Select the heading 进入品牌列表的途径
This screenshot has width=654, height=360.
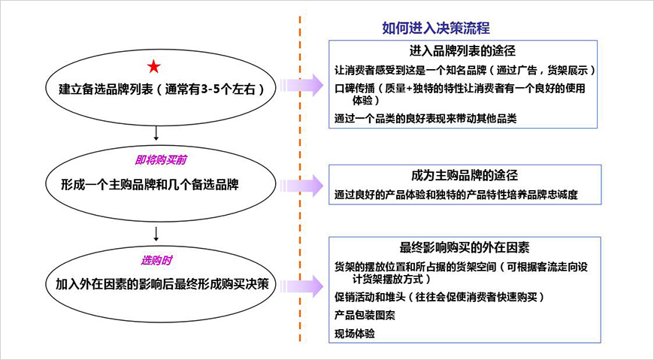coord(462,52)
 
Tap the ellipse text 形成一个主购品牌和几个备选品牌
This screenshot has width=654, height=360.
coord(154,183)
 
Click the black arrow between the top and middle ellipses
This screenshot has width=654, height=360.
coord(154,133)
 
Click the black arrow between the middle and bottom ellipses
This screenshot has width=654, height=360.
coord(154,231)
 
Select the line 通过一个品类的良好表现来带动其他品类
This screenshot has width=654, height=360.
coord(425,118)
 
